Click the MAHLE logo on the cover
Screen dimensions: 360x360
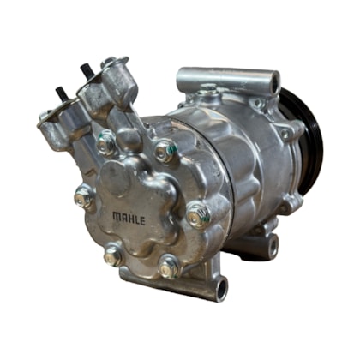click(129, 219)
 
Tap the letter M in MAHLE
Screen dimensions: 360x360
click(117, 216)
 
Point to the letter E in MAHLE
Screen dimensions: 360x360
click(142, 220)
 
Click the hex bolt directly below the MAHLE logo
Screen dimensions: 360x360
click(113, 256)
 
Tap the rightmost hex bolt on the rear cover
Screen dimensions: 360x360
click(199, 214)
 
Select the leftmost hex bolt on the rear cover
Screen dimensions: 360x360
click(84, 197)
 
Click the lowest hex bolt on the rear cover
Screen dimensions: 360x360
click(169, 267)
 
